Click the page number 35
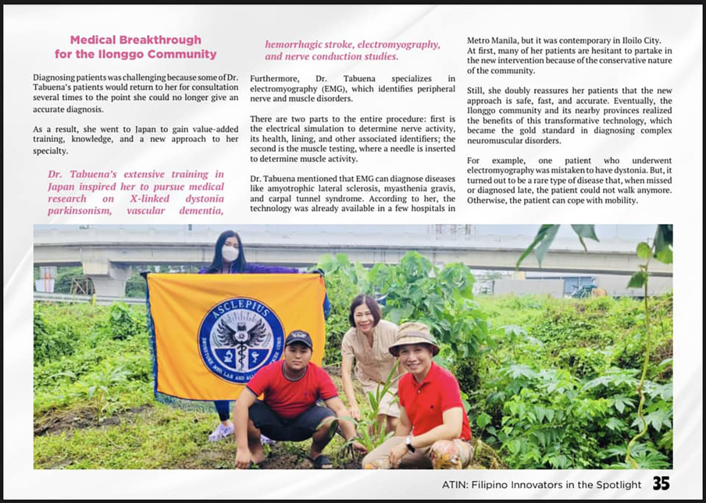(x=661, y=484)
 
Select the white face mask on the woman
(x=230, y=253)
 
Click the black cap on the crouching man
(x=299, y=339)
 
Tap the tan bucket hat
(x=414, y=338)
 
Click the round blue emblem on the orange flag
(x=241, y=340)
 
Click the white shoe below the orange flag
(x=221, y=433)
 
